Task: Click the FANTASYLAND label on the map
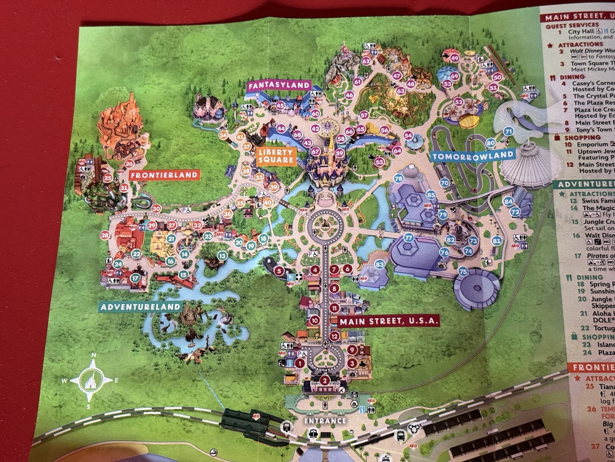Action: (279, 85)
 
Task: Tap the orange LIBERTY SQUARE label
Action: (276, 156)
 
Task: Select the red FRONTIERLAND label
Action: (164, 175)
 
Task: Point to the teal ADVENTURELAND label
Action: (140, 307)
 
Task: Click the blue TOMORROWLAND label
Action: (473, 156)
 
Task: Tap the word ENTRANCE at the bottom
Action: (325, 421)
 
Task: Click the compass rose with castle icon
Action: (90, 380)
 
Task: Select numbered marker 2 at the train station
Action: (325, 380)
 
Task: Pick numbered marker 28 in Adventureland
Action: (105, 235)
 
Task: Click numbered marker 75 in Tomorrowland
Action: (463, 271)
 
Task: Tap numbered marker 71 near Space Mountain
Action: (508, 132)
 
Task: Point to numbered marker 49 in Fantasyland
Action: (454, 58)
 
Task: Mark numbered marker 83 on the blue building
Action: (380, 264)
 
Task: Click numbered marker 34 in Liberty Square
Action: (223, 135)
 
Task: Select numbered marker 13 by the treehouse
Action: (222, 256)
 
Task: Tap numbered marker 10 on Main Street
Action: (314, 321)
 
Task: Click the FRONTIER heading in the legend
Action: (593, 367)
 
